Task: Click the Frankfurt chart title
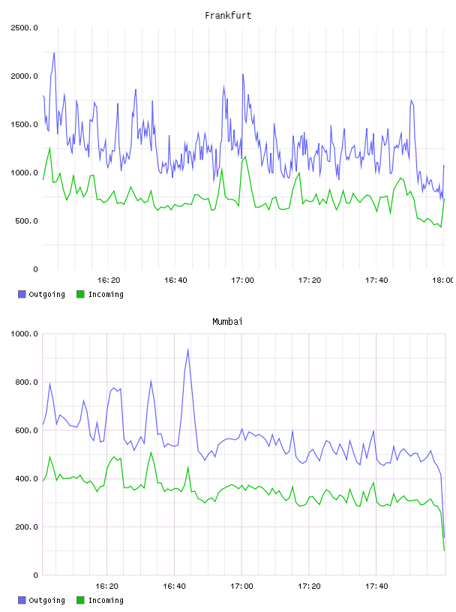pyautogui.click(x=228, y=15)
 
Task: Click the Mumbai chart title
pyautogui.click(x=227, y=321)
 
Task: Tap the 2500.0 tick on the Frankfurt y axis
pyautogui.click(x=24, y=28)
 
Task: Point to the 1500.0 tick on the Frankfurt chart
pyautogui.click(x=24, y=124)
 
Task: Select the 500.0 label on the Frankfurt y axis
pyautogui.click(x=27, y=221)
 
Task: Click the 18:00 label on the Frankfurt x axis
pyautogui.click(x=443, y=280)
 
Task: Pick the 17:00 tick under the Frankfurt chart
pyautogui.click(x=242, y=280)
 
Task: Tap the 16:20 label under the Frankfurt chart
pyautogui.click(x=109, y=280)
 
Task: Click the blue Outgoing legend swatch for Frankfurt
pyautogui.click(x=22, y=294)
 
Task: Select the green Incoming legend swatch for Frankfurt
pyautogui.click(x=80, y=294)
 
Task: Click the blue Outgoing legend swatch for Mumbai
pyautogui.click(x=22, y=600)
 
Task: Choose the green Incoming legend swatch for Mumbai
pyautogui.click(x=80, y=600)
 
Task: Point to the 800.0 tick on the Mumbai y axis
pyautogui.click(x=27, y=382)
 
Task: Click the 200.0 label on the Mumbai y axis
pyautogui.click(x=27, y=527)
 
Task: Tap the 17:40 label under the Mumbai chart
pyautogui.click(x=376, y=586)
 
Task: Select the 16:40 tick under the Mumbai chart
pyautogui.click(x=174, y=586)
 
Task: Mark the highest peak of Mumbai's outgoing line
pyautogui.click(x=187, y=349)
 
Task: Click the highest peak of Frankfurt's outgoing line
pyautogui.click(x=54, y=52)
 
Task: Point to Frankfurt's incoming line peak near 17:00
pyautogui.click(x=245, y=157)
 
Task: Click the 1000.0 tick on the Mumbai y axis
pyautogui.click(x=24, y=334)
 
